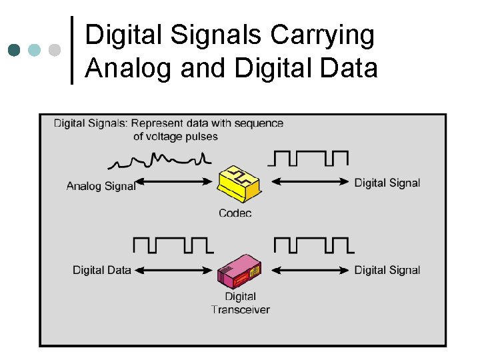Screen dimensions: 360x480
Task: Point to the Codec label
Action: [x=235, y=213]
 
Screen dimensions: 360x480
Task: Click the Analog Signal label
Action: [x=101, y=186]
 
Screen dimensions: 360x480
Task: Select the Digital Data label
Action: [x=102, y=270]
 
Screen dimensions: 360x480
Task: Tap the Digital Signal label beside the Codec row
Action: [x=387, y=183]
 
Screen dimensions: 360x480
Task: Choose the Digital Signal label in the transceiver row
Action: [x=387, y=270]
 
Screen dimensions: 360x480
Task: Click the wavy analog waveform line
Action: [x=160, y=161]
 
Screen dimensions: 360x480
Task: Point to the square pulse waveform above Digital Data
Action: [x=173, y=244]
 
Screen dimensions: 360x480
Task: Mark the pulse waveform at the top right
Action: [x=308, y=158]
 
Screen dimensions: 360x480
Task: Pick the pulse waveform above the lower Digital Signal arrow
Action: [x=313, y=244]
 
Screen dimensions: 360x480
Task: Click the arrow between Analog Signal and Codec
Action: [x=176, y=181]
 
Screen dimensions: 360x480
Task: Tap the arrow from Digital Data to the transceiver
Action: [x=175, y=270]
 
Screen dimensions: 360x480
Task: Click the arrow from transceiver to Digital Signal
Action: [x=311, y=270]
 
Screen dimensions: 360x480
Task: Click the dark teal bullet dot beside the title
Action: [x=15, y=50]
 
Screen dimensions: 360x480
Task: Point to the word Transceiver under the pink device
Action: [x=240, y=309]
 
